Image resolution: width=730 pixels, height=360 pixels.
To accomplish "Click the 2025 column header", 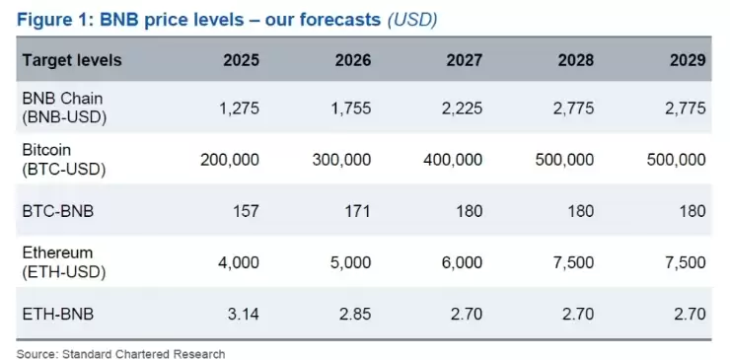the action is (241, 60).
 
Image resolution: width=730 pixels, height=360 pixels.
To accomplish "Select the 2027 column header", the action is (465, 60).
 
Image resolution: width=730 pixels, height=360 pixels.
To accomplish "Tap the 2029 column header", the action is (688, 60).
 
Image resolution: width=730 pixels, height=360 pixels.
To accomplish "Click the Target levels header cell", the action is (72, 60).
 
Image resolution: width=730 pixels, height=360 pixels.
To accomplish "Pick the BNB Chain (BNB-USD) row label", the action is (64, 108).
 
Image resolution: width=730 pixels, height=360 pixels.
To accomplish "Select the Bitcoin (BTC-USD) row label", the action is (64, 159).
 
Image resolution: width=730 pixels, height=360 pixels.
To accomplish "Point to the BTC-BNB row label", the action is (58, 211).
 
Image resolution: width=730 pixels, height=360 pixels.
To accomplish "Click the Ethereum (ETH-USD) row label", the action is (64, 262).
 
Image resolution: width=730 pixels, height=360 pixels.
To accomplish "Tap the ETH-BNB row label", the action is (58, 314).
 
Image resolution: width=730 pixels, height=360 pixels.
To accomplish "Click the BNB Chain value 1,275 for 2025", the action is (239, 108).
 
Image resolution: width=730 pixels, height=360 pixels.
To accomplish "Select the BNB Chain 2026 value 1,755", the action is (350, 108).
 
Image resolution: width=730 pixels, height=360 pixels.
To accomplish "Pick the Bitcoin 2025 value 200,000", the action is (230, 160).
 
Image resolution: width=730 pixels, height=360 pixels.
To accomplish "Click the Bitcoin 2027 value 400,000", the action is (453, 160).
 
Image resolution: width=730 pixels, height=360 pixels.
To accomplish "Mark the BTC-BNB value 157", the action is (246, 211).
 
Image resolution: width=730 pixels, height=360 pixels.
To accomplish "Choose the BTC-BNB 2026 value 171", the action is (357, 211).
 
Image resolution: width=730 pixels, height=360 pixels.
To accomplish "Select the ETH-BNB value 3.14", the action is (244, 314).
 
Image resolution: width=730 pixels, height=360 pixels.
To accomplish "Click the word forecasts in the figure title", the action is (324, 20).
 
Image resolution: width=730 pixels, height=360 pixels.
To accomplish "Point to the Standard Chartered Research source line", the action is (120, 354).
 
